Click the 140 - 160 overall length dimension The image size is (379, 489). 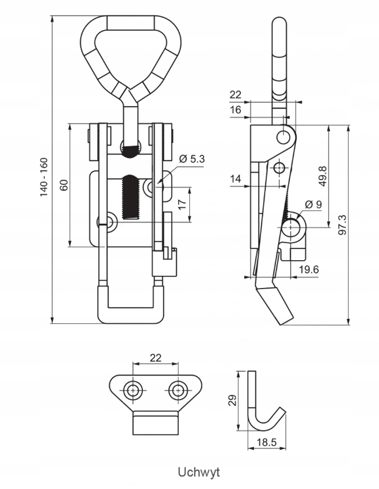tap(44, 177)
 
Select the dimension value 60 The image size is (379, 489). tap(64, 185)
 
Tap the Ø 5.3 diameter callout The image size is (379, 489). tap(192, 159)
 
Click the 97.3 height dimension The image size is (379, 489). tap(342, 225)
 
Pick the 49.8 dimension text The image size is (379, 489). tap(323, 176)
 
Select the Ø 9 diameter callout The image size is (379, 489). tap(313, 205)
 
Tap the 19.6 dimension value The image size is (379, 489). tap(308, 269)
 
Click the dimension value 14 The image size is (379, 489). tap(236, 178)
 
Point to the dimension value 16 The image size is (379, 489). tap(236, 110)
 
